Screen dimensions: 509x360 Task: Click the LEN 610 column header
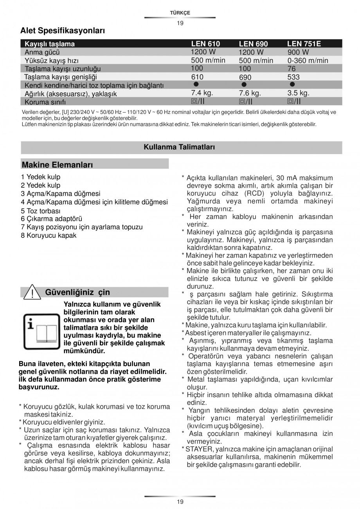205,44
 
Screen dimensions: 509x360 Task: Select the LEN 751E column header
304,44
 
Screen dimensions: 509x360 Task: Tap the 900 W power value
298,52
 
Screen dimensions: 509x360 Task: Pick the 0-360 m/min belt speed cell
308,60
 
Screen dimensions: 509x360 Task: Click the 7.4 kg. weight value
202,93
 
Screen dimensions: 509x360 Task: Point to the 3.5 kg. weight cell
298,93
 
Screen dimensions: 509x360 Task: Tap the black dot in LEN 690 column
244,85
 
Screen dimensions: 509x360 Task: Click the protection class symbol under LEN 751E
294,102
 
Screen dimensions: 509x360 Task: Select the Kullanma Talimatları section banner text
179,147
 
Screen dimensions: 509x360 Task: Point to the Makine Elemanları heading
58,165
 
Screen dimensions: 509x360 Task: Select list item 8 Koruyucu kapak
49,236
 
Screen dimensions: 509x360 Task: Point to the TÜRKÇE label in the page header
180,13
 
